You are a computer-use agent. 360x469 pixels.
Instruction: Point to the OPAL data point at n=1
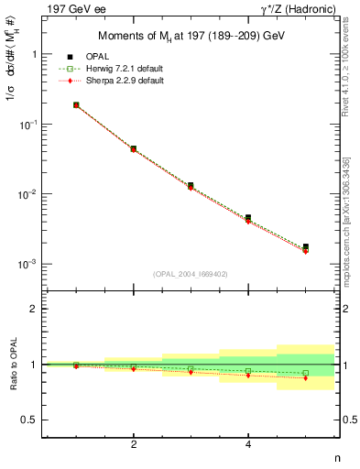point(76,105)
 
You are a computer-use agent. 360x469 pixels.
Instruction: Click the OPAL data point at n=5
point(306,246)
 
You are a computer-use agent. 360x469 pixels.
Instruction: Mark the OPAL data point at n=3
point(191,185)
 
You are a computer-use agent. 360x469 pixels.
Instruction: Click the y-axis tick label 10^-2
point(38,194)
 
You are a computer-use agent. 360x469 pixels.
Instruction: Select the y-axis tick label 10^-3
point(38,264)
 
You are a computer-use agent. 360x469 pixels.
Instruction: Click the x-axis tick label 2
point(134,444)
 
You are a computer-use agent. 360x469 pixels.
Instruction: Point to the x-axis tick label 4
point(248,444)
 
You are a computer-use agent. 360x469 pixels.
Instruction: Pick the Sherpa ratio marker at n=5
point(306,377)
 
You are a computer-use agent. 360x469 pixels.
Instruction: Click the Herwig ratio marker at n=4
point(248,371)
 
